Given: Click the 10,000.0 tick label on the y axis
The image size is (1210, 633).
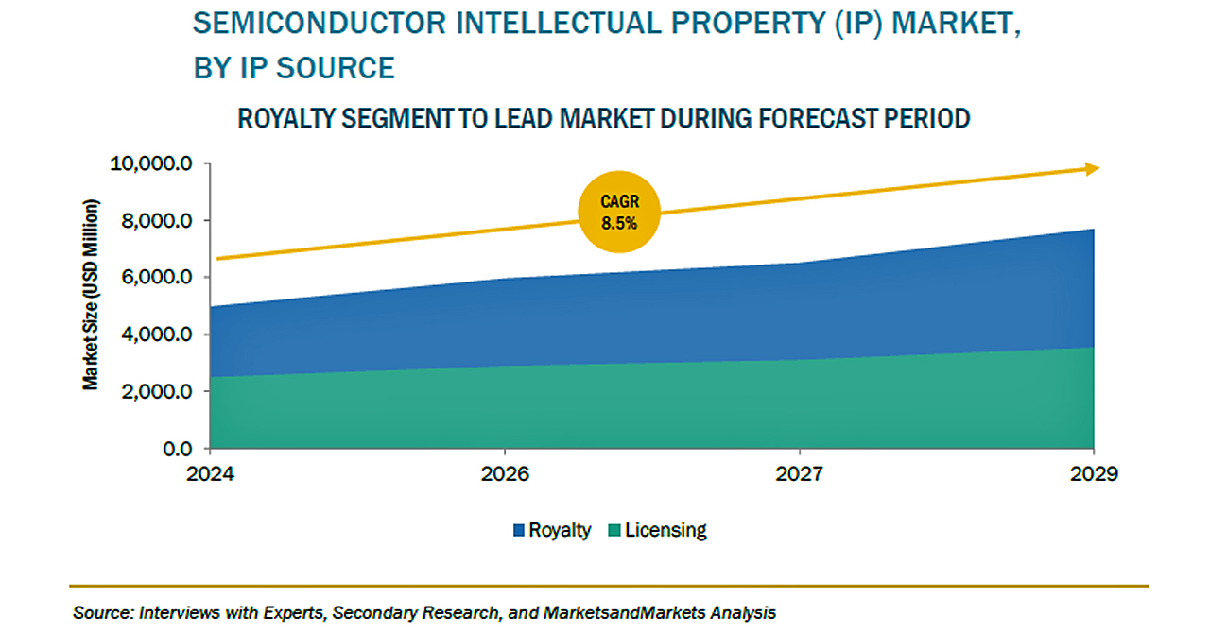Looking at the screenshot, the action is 150,163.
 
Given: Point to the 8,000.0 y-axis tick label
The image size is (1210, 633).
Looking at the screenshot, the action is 157,220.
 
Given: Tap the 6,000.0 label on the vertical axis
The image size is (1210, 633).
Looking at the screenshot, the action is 157,277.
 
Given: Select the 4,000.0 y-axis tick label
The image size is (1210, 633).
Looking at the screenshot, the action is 157,334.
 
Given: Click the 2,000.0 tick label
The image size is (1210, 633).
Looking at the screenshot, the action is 157,391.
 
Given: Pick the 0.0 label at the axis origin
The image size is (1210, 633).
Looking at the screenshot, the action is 177,449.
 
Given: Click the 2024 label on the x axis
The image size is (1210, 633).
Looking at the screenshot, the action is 210,474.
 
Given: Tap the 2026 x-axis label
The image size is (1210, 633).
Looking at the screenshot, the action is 505,474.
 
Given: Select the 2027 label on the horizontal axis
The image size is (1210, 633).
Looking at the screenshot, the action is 800,474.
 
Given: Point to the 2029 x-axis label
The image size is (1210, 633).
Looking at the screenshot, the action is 1094,474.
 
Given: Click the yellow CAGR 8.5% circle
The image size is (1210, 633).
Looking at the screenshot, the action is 619,212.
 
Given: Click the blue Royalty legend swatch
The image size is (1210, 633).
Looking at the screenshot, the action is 519,530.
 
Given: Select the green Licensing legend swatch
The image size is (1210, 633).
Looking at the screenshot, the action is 614,530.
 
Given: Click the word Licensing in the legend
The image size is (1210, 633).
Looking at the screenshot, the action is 665,530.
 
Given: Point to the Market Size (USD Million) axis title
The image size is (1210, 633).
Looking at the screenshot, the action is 91,295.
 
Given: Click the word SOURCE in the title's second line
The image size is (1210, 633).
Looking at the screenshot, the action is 336,68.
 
